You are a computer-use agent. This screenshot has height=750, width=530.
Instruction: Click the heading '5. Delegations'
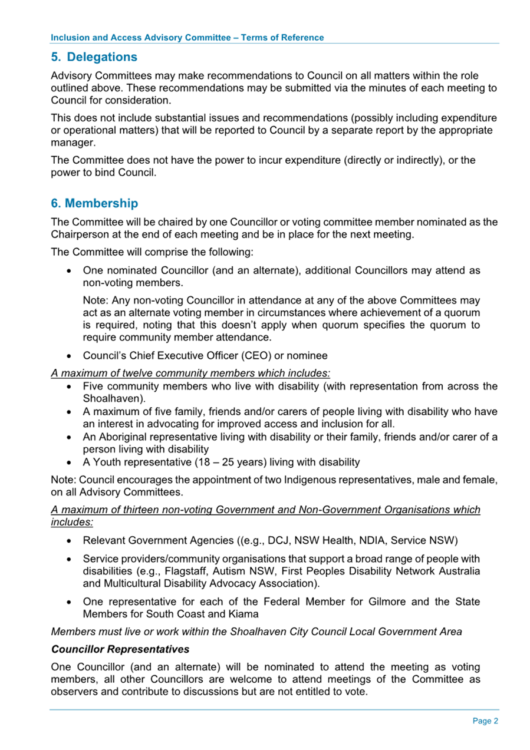click(94, 57)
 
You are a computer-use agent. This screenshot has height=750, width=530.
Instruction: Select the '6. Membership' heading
click(95, 203)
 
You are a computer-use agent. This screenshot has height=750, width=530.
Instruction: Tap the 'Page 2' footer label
click(486, 721)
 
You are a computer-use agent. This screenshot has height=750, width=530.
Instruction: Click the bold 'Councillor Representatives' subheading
click(120, 650)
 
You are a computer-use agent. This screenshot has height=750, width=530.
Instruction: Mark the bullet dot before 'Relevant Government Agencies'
click(70, 540)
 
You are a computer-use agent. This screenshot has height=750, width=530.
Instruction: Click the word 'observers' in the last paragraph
click(76, 692)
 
